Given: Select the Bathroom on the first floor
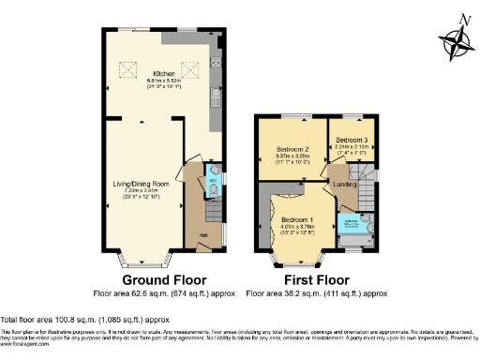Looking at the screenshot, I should tap(354, 226).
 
